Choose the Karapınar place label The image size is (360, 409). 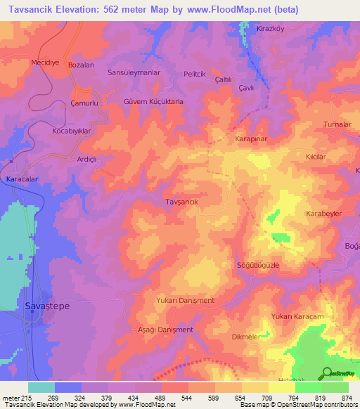point(251,139)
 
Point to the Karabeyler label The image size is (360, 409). point(323,212)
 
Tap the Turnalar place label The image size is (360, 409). point(337,124)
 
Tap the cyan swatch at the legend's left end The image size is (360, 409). point(41,387)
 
